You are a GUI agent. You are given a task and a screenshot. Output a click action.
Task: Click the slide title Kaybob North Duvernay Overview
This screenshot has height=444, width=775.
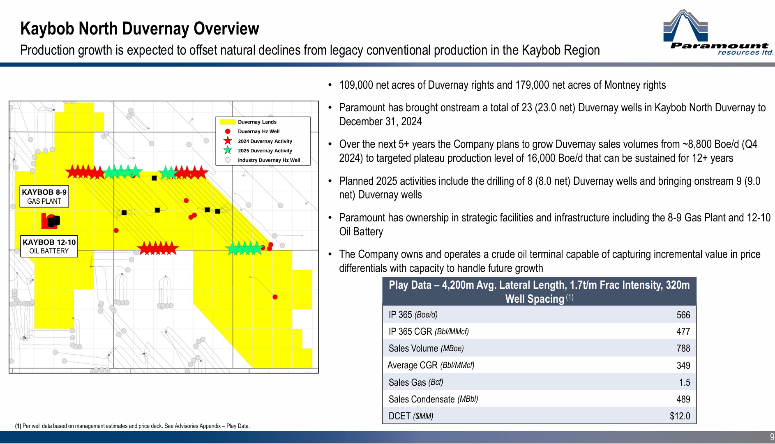tap(140, 29)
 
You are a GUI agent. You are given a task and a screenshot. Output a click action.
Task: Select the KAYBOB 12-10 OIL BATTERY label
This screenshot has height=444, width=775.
tap(49, 246)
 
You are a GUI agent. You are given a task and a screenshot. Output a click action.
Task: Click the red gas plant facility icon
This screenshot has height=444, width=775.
tap(50, 221)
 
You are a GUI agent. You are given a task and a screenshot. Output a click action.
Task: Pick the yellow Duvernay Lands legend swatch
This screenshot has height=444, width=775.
tap(227, 122)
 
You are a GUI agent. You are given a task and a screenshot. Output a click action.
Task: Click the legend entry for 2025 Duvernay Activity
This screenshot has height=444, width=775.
tap(265, 151)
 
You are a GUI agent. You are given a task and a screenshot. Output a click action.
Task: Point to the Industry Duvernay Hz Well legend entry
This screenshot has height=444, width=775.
tap(269, 160)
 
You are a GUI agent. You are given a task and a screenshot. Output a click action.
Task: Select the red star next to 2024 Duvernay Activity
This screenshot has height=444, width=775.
tap(228, 141)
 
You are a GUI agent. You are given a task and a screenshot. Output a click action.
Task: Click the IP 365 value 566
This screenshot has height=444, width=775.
tap(683, 315)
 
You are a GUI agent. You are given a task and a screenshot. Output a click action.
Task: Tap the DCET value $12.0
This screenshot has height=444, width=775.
tap(680, 416)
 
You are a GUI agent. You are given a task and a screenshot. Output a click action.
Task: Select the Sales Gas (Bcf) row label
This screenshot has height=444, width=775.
tap(415, 382)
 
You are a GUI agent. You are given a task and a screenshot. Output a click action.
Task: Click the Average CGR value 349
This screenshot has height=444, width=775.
tap(683, 366)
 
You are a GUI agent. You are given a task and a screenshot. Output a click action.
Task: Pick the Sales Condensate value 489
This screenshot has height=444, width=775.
tap(683, 399)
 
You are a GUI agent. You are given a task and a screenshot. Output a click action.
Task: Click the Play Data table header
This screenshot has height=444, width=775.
tap(539, 292)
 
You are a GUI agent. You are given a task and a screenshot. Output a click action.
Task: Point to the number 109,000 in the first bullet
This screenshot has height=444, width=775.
tap(356, 85)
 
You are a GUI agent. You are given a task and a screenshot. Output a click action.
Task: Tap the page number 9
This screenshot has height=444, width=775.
tap(772, 437)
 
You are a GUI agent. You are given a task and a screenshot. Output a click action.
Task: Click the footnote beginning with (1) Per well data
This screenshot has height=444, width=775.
tap(132, 426)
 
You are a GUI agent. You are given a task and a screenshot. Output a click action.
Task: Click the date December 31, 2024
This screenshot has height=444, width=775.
tap(380, 122)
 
